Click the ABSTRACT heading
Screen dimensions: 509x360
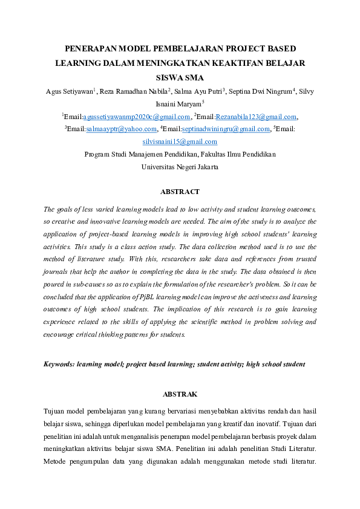[180, 192]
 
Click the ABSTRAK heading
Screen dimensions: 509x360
[180, 394]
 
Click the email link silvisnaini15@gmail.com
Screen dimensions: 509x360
[180, 141]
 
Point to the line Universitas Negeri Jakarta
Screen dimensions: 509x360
[180, 166]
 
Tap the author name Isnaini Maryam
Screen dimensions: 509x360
[178, 104]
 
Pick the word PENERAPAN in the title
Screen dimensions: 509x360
[91, 48]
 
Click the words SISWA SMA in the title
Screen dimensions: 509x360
[180, 77]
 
